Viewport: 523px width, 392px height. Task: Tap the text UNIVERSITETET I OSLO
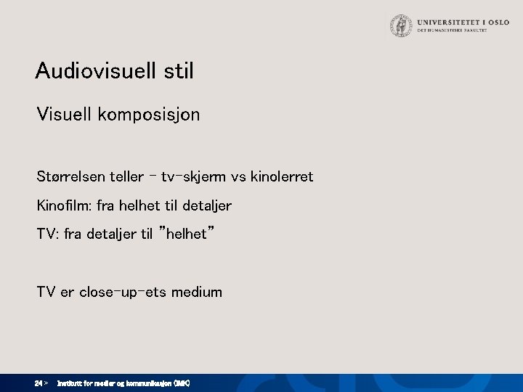[458, 22]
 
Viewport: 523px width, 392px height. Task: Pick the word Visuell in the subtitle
[62, 115]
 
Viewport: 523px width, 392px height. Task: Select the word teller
[125, 176]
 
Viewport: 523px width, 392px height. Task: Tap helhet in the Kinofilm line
[138, 205]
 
